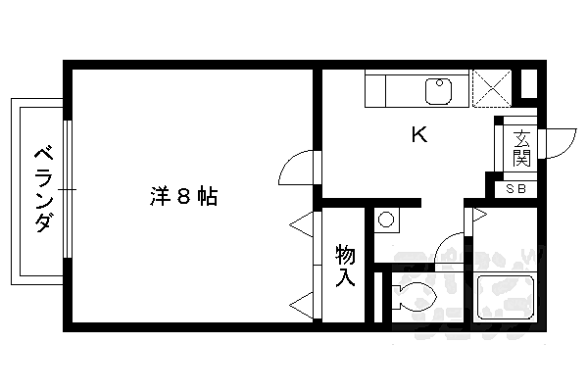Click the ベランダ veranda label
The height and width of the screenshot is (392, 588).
point(41,188)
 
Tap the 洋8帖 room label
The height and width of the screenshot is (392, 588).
point(183,196)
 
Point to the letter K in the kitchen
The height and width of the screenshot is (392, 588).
point(418,135)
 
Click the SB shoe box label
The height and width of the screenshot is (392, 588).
point(515,189)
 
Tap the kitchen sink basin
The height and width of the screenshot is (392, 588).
point(437,92)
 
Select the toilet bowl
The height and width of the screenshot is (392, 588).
point(416,294)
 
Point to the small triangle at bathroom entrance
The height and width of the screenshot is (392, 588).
point(477,214)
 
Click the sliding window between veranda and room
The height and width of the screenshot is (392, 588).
point(68,188)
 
